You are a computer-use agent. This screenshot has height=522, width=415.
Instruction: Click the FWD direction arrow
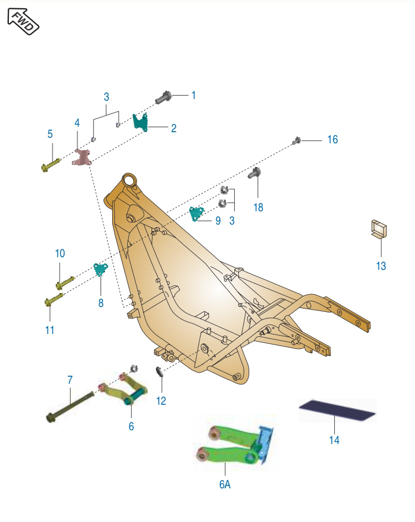pyautogui.click(x=23, y=22)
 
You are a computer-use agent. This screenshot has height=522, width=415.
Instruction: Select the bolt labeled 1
pyautogui.click(x=164, y=97)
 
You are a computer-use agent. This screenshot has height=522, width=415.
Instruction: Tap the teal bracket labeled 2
pyautogui.click(x=140, y=122)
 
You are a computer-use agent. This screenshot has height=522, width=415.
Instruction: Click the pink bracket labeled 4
pyautogui.click(x=82, y=158)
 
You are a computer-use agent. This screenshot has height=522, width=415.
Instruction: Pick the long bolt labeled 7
pyautogui.click(x=70, y=406)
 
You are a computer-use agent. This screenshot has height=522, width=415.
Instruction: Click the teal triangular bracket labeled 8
pyautogui.click(x=100, y=269)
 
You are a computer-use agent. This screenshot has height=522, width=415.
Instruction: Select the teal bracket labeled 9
pyautogui.click(x=196, y=213)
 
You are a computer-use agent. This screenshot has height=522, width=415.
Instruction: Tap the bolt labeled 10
pyautogui.click(x=65, y=283)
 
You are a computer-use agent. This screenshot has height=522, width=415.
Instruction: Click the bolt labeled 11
pyautogui.click(x=54, y=299)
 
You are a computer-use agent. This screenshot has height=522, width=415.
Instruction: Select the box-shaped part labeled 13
pyautogui.click(x=379, y=229)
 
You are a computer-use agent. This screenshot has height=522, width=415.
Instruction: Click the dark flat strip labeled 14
pyautogui.click(x=337, y=410)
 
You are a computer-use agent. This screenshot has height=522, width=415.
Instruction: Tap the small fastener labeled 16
pyautogui.click(x=297, y=141)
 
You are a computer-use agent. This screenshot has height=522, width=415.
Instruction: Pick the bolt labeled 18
pyautogui.click(x=254, y=173)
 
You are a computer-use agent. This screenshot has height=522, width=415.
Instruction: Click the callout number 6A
pyautogui.click(x=225, y=484)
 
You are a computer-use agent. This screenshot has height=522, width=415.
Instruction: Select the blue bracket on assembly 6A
pyautogui.click(x=265, y=443)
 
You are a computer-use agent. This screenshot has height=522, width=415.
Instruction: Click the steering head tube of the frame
pyautogui.click(x=129, y=181)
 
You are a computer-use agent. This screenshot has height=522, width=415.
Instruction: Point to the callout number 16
pyautogui.click(x=333, y=139)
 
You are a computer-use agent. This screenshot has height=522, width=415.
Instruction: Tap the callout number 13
pyautogui.click(x=381, y=266)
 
